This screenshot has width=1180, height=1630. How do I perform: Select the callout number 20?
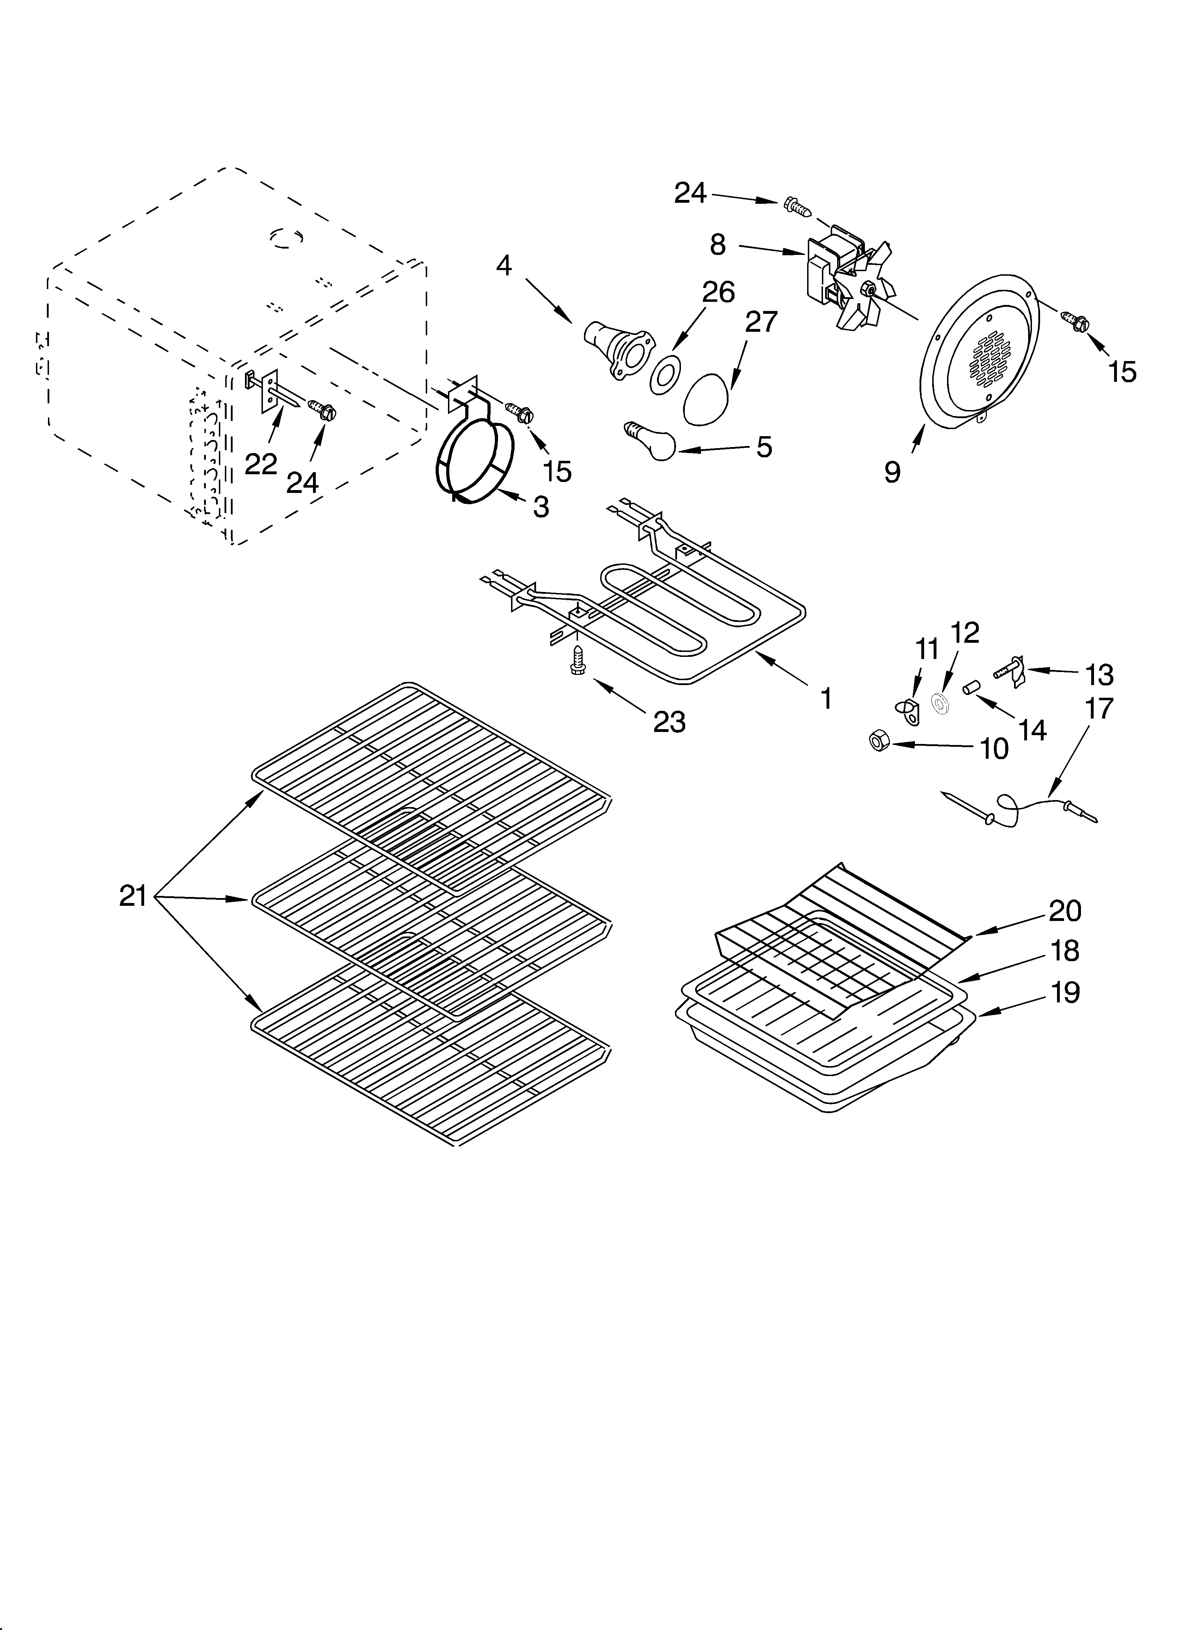pyautogui.click(x=1065, y=911)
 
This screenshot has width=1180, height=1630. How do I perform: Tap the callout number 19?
pyautogui.click(x=1065, y=993)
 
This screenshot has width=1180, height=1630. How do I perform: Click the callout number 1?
pyautogui.click(x=826, y=698)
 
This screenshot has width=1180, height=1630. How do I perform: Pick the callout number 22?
pyautogui.click(x=260, y=464)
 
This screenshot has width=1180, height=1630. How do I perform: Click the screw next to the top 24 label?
pyautogui.click(x=798, y=206)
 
